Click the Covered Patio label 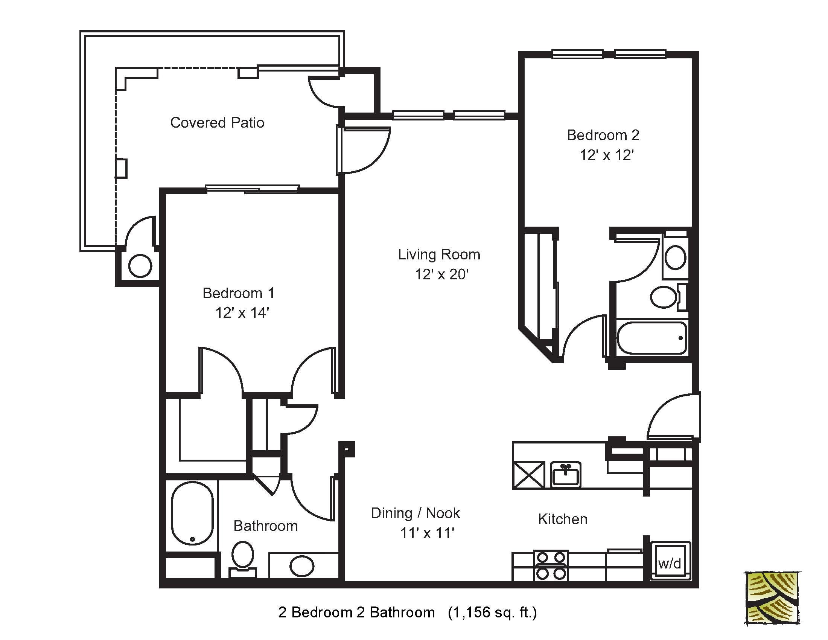217,122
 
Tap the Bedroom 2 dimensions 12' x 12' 607,155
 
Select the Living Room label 438,254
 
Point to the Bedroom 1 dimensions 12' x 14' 242,313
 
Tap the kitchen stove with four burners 551,565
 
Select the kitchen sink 565,474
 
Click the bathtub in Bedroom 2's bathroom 651,338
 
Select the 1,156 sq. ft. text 492,612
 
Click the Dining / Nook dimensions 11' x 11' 427,533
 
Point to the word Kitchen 562,519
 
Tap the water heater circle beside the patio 140,266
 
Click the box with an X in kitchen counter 528,475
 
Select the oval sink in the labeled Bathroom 302,566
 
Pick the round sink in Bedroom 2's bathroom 675,258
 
